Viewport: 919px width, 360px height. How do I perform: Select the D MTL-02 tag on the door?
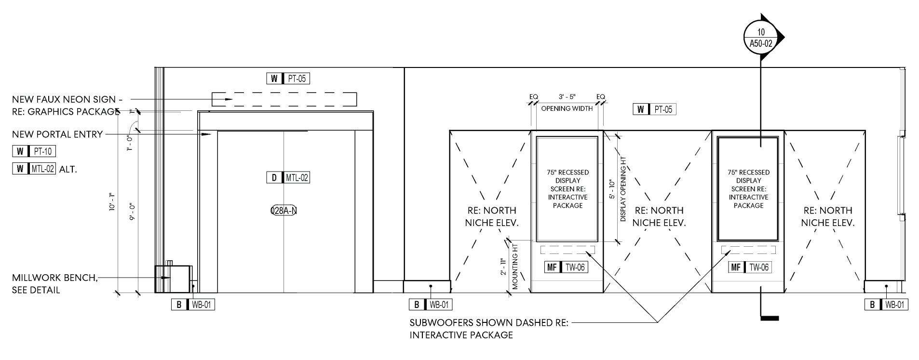[x=288, y=177]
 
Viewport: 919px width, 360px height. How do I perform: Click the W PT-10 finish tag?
[x=34, y=151]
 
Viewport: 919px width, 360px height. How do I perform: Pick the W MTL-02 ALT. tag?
[x=44, y=169]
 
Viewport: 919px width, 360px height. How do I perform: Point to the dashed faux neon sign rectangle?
[x=284, y=99]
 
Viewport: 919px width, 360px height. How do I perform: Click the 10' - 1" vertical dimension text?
[x=112, y=202]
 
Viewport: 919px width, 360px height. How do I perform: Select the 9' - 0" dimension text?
[x=132, y=211]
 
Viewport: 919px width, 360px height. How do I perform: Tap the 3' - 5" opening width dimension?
[x=567, y=97]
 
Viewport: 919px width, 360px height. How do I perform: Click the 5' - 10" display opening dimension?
[x=612, y=190]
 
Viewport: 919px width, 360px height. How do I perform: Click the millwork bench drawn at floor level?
[x=173, y=279]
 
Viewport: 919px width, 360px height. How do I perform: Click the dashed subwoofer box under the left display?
[x=568, y=250]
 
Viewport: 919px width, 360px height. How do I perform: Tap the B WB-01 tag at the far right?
[x=886, y=305]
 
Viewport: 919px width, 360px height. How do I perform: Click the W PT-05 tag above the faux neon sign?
[x=288, y=79]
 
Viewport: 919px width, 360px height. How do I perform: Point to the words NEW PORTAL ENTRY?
[x=57, y=134]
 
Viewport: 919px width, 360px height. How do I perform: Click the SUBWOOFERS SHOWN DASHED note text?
[x=488, y=323]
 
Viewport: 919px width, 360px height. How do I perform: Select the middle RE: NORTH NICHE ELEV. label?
[x=659, y=216]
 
